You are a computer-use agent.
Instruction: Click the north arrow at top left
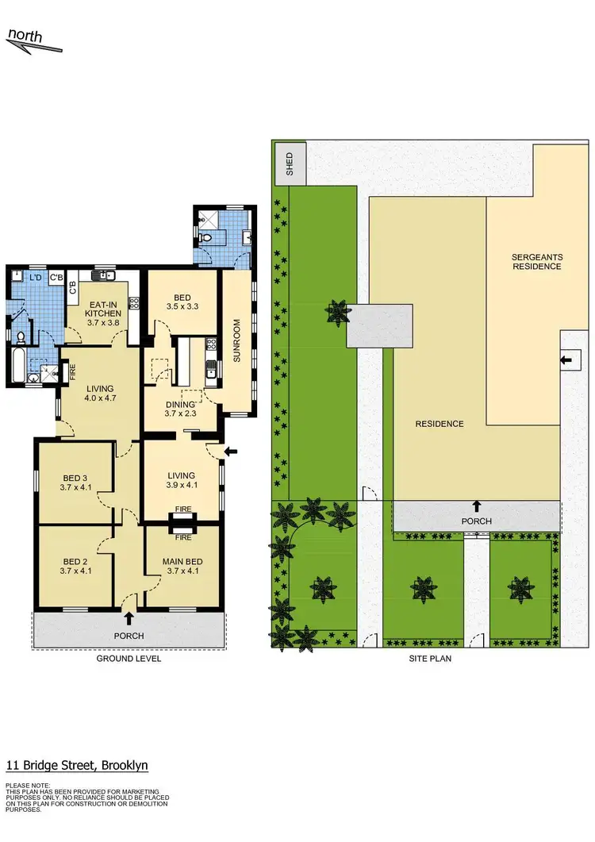(x=33, y=41)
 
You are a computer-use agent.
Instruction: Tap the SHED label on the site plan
(x=290, y=163)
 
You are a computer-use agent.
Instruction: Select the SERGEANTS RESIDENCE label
(x=536, y=261)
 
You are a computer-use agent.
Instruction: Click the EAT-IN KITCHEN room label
(x=103, y=307)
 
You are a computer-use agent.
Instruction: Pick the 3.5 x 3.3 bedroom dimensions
(x=182, y=306)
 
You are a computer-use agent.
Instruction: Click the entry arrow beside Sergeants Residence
(x=566, y=361)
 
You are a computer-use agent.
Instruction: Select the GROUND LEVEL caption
(x=129, y=659)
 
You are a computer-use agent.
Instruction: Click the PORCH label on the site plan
(x=477, y=521)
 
